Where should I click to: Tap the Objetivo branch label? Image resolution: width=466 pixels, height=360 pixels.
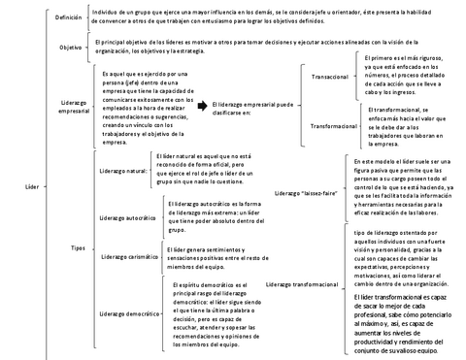70,48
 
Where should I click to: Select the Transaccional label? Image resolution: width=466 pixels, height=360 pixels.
331,75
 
